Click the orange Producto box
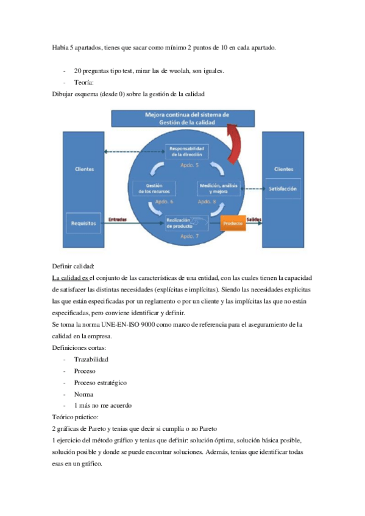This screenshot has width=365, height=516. (x=232, y=223)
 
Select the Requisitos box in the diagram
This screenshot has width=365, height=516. (x=84, y=223)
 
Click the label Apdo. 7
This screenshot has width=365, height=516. (x=190, y=235)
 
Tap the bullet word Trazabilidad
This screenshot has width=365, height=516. (x=91, y=360)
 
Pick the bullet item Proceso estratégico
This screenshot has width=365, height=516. (x=100, y=383)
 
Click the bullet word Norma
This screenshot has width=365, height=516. (x=83, y=394)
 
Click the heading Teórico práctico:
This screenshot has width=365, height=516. (x=76, y=417)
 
